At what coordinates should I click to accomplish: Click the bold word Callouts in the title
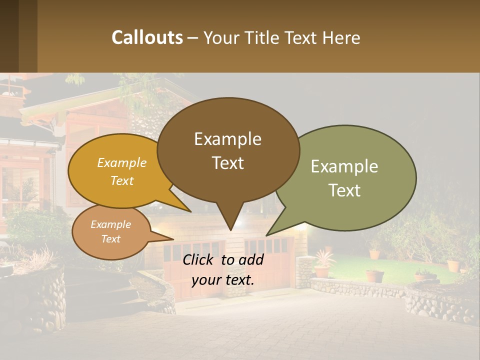pos(147,37)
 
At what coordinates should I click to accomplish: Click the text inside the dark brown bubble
pos(227,150)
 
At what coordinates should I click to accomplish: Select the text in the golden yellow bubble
pos(122,171)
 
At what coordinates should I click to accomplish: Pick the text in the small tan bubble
pos(110,231)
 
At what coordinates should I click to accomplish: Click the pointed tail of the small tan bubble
pos(167,238)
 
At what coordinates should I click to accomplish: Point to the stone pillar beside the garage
pos(303,272)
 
